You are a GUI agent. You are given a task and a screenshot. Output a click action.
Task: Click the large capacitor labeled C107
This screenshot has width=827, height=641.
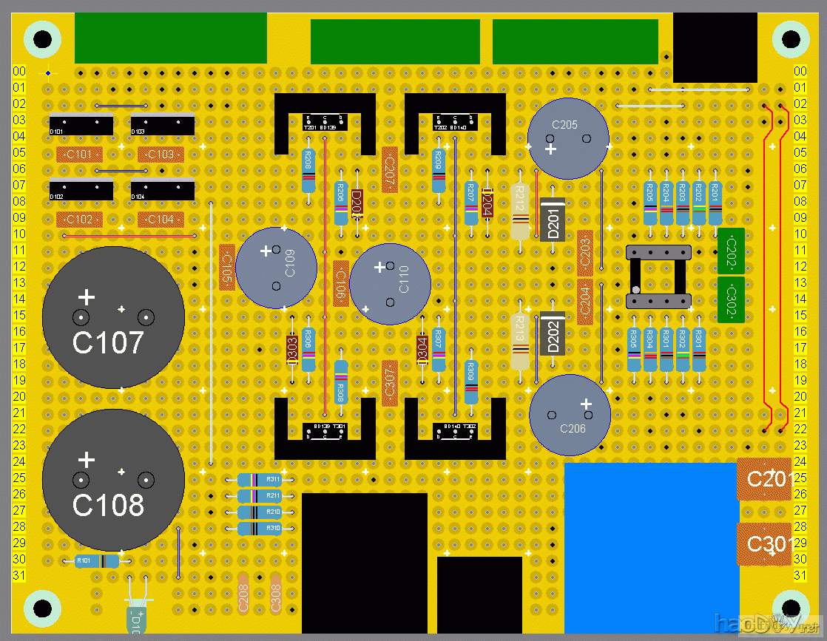[112, 318]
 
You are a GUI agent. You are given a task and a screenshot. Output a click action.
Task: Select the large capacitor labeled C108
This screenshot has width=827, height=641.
[112, 480]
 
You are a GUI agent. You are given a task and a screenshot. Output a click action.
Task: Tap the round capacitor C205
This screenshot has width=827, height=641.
[568, 139]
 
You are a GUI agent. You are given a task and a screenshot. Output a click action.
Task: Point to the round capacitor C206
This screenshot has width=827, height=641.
[570, 415]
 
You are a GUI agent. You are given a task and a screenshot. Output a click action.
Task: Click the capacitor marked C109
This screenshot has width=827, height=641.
[276, 267]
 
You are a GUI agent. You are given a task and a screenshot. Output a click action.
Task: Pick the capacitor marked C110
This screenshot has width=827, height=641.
[390, 283]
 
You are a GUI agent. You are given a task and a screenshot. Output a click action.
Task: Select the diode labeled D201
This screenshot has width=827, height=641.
[553, 220]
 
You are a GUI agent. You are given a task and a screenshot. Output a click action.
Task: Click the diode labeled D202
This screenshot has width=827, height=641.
[553, 334]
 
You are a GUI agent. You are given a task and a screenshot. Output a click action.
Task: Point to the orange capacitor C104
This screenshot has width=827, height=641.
[161, 220]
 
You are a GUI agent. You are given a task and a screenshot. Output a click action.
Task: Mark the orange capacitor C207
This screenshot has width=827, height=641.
[390, 170]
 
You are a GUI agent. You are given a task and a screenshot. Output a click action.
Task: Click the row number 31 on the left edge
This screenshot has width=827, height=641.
[19, 575]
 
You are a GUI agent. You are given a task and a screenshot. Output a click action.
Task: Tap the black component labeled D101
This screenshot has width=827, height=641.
[81, 126]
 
